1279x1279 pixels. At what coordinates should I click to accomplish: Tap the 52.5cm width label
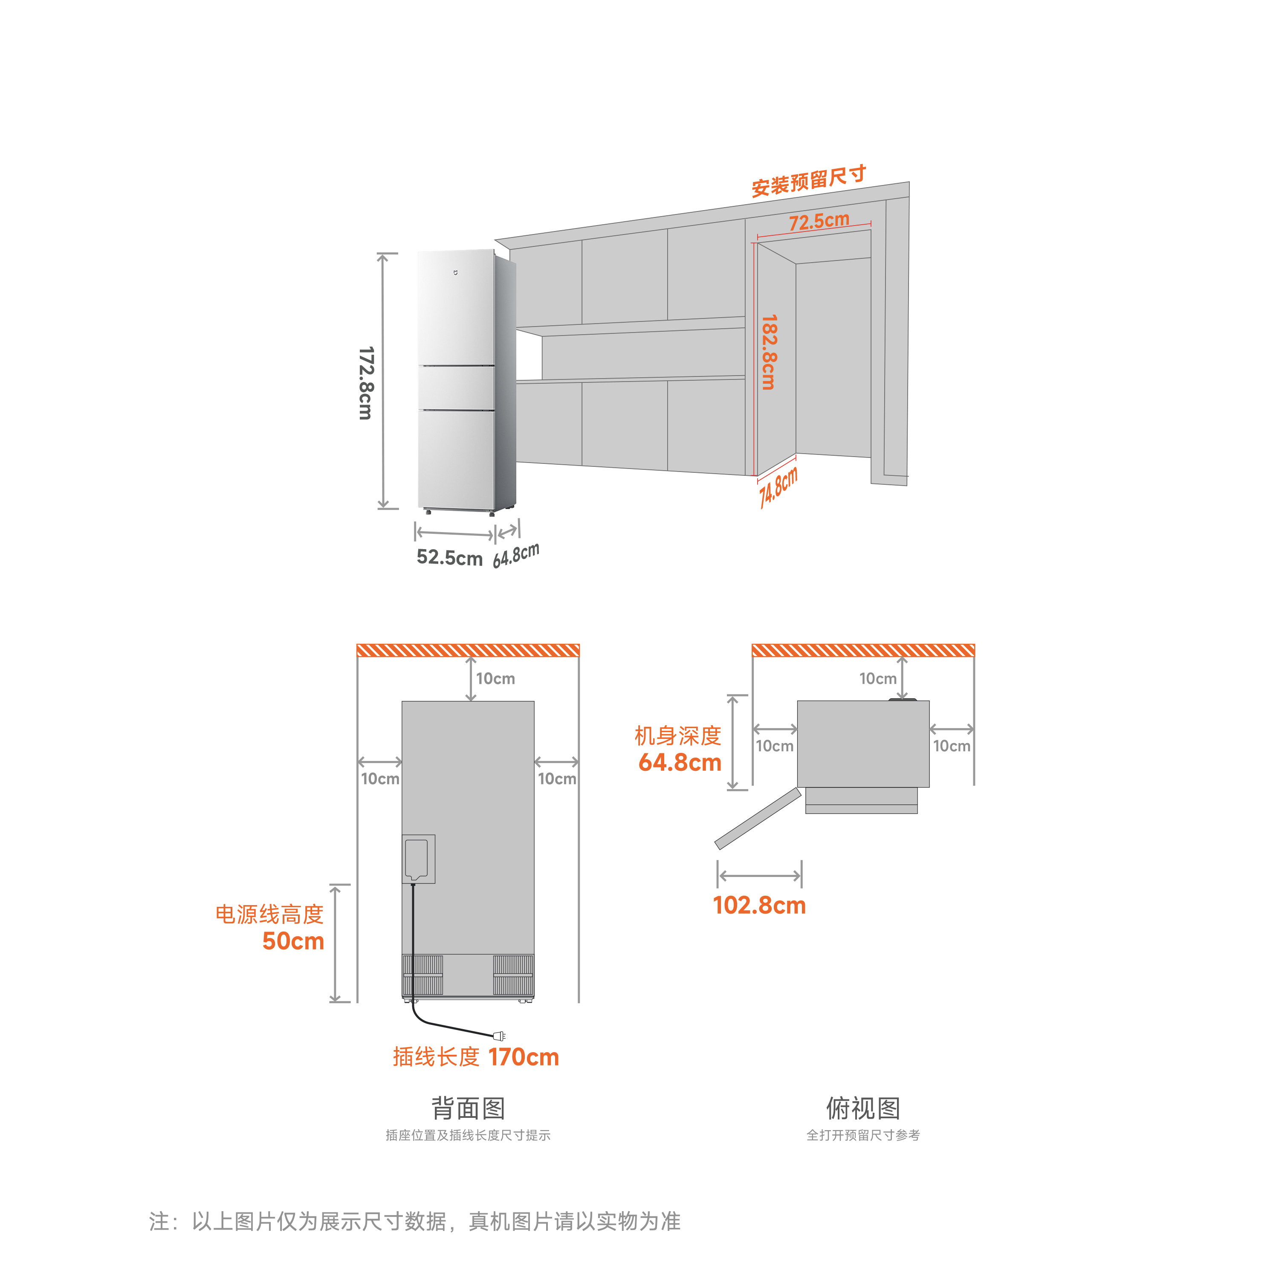(449, 557)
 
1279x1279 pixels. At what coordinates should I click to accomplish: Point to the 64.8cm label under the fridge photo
(516, 555)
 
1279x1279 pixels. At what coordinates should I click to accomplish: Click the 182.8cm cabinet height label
(769, 352)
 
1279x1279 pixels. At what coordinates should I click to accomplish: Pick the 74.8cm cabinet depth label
(778, 486)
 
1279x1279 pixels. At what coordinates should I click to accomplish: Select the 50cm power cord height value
(293, 941)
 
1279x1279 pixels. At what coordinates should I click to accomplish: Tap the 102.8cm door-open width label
(759, 905)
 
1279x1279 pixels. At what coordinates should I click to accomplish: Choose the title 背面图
(468, 1108)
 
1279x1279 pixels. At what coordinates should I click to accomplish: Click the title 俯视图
(862, 1108)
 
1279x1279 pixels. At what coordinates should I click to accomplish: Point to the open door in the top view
(758, 818)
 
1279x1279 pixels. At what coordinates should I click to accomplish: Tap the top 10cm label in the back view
(495, 679)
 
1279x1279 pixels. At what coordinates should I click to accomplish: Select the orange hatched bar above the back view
(468, 650)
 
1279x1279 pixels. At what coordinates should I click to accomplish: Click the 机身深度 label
(678, 735)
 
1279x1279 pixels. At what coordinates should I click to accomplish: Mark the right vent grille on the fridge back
(513, 975)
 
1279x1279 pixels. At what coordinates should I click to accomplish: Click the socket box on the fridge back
(418, 859)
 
